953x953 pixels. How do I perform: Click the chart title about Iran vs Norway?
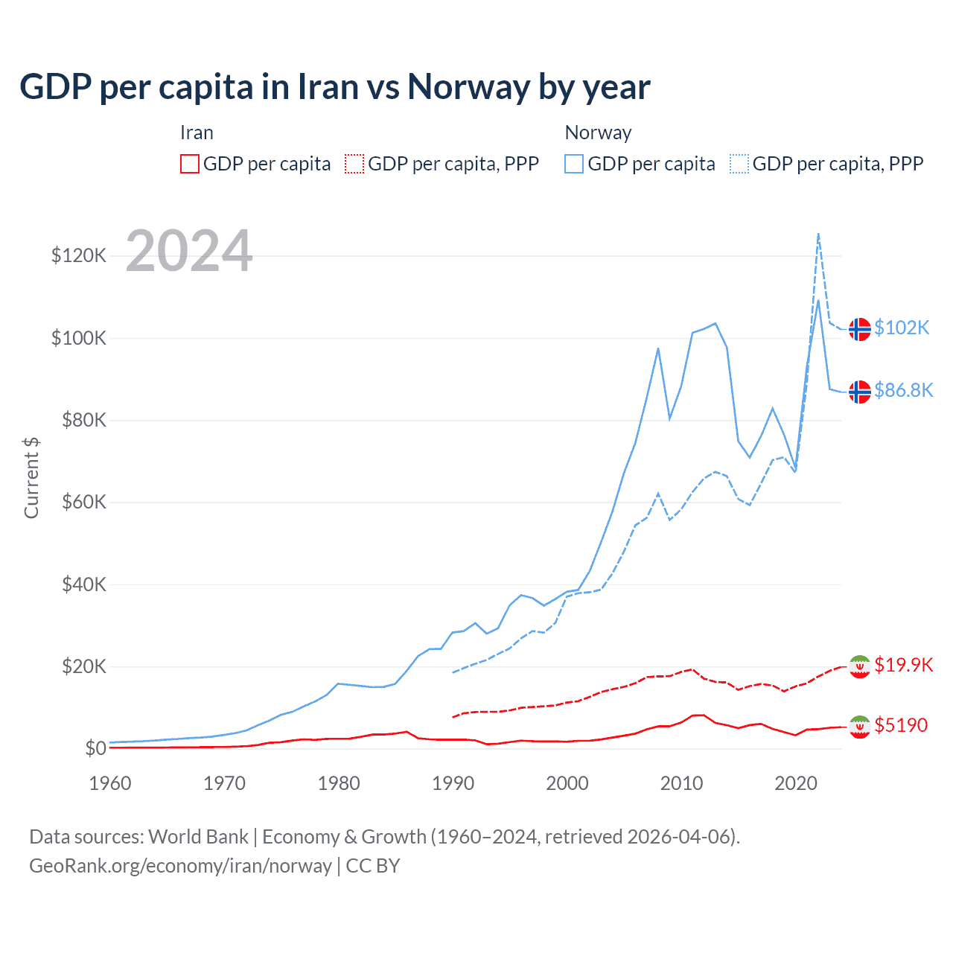[335, 87]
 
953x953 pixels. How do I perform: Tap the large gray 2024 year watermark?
[189, 251]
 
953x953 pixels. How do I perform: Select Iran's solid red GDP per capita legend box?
[190, 164]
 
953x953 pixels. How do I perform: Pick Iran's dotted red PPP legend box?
[354, 164]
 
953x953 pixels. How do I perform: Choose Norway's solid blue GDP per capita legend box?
[574, 164]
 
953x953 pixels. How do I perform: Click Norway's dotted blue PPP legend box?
[739, 164]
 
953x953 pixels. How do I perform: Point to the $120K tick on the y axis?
[79, 256]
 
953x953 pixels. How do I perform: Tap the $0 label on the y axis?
[95, 748]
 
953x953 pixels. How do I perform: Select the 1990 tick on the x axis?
[453, 783]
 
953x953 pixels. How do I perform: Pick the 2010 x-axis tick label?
[681, 783]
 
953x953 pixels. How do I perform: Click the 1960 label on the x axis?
[110, 783]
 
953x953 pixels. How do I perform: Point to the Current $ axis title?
[31, 478]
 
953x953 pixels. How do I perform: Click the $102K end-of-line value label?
[902, 328]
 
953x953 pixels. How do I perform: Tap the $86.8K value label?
[903, 390]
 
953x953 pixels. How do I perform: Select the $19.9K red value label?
[903, 665]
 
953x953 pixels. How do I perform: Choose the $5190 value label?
[901, 725]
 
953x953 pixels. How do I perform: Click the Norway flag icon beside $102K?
[860, 328]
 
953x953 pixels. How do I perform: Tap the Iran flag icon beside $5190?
[860, 727]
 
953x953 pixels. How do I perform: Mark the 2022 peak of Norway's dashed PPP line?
[818, 234]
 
